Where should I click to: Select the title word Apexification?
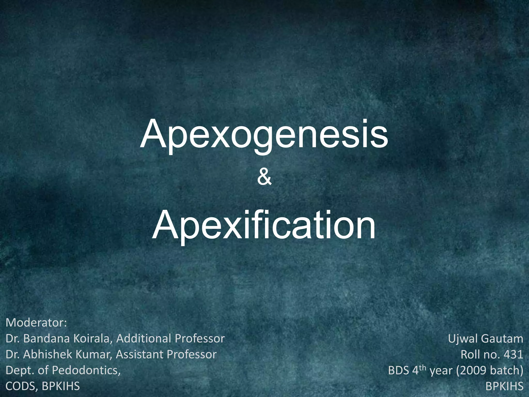click(264, 225)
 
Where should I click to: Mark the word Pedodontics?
click(86, 370)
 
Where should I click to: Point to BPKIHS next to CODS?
click(61, 386)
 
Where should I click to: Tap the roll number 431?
click(513, 354)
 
